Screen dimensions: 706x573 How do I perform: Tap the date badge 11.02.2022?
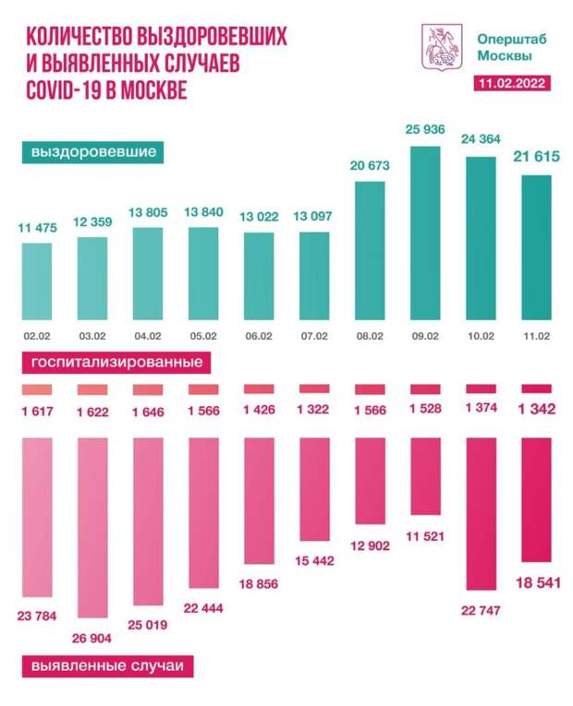point(508,84)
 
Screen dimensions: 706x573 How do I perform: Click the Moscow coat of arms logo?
point(437,49)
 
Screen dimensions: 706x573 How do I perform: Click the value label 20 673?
point(370,166)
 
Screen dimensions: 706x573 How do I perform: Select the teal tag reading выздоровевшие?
point(91,151)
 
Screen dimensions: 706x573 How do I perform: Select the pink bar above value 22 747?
point(482,513)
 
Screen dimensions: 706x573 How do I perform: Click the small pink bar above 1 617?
point(36,390)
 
